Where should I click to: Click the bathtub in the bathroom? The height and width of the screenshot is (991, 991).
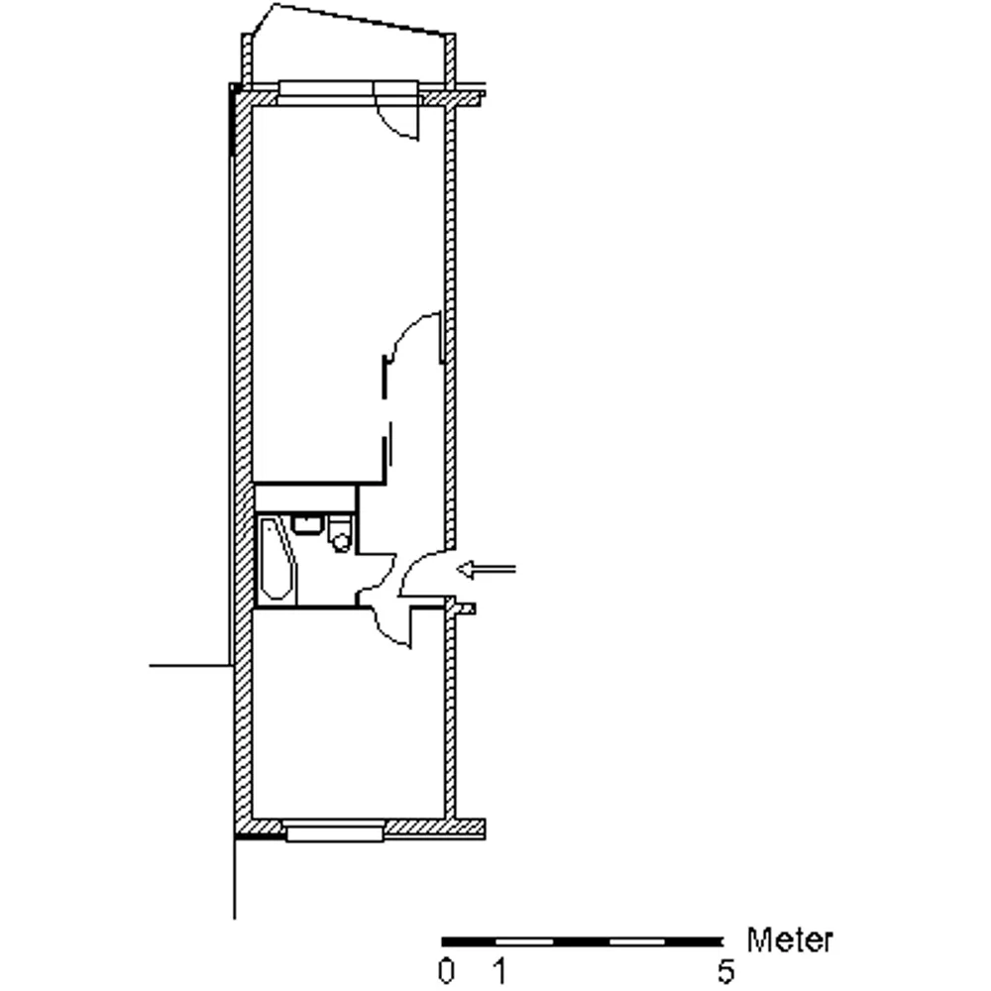point(276,559)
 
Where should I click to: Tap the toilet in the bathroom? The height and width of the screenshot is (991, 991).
point(341,534)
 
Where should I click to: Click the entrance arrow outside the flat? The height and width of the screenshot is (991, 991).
point(486,570)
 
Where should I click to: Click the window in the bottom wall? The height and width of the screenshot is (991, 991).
point(334,829)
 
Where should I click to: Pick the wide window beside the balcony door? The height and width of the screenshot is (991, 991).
point(327,92)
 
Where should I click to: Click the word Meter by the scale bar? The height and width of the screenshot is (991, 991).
point(790,939)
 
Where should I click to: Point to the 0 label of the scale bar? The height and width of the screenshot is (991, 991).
point(446,971)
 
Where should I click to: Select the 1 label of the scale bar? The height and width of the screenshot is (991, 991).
point(499,971)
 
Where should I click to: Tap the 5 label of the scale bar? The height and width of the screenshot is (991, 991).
point(726,971)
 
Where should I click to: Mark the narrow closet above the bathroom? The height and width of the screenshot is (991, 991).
point(305,498)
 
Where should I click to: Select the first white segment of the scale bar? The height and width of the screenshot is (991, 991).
point(524,941)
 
